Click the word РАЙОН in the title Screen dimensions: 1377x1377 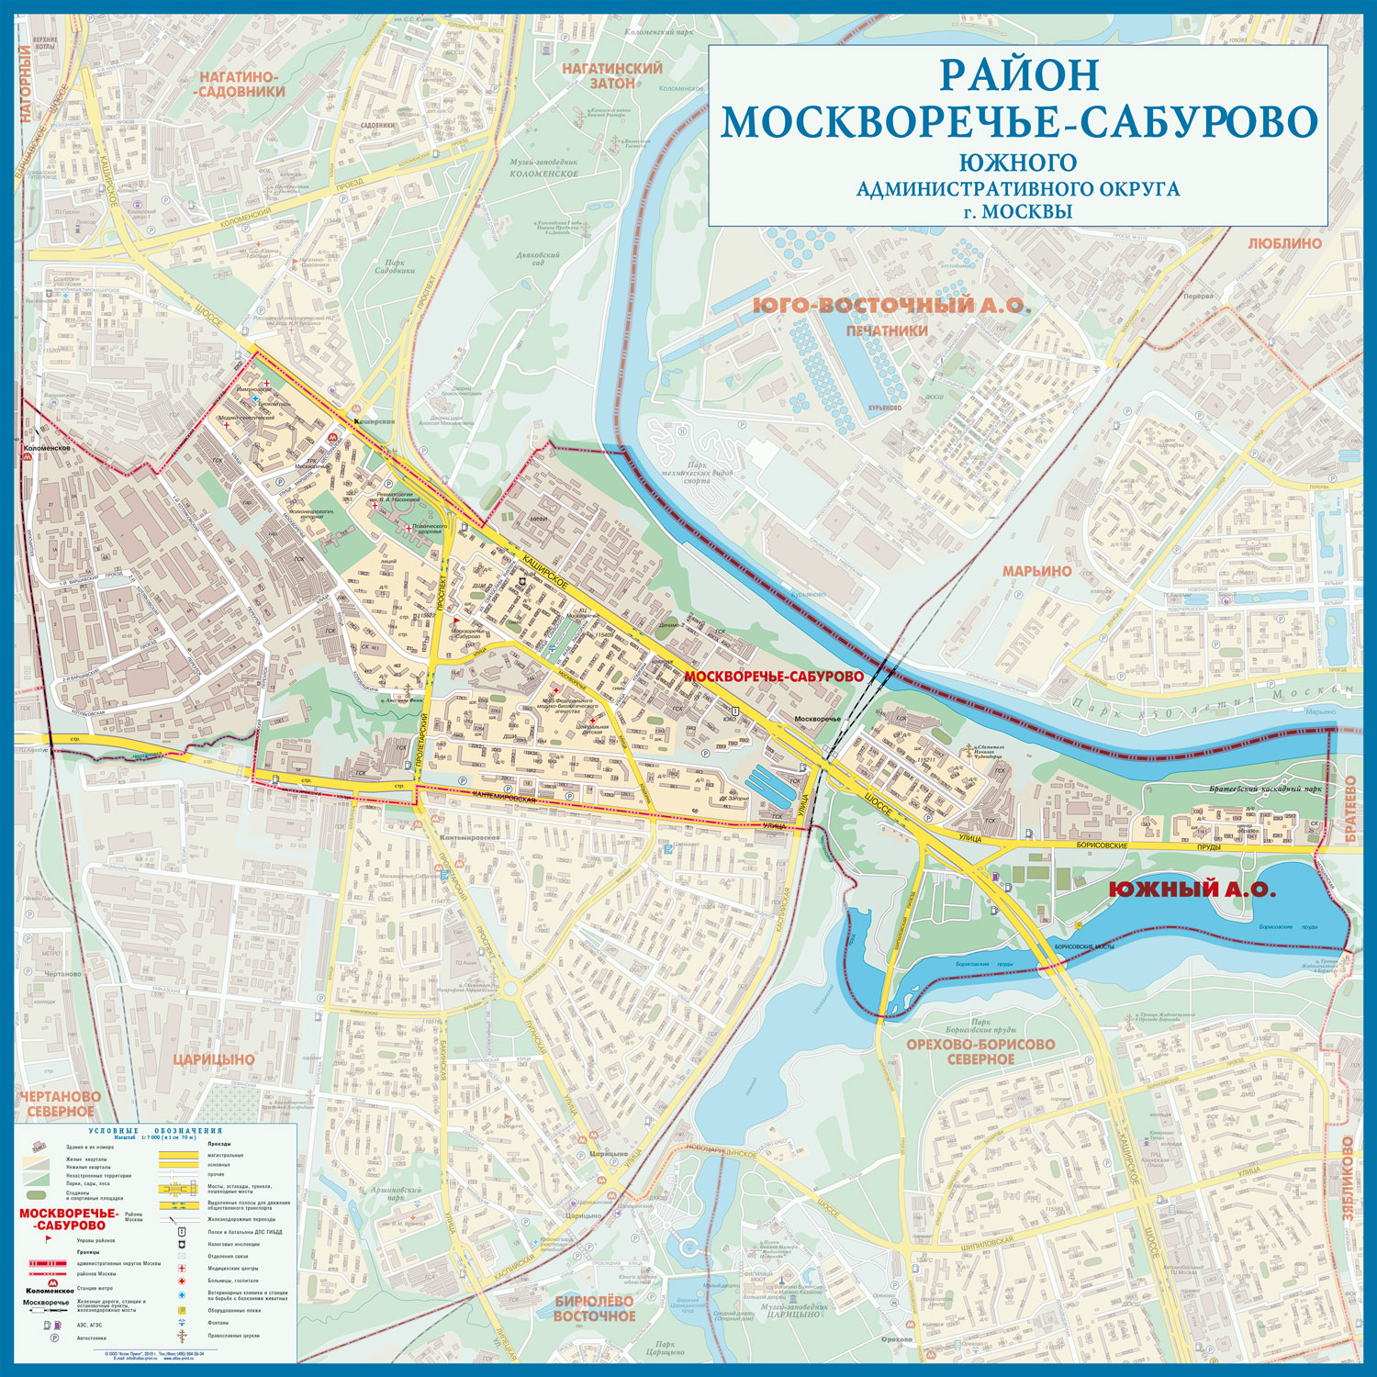pos(1018,75)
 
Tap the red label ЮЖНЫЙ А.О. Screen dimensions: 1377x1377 pos(1191,889)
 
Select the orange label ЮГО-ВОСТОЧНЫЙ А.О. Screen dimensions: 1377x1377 pos(891,306)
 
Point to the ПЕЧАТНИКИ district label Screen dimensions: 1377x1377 pos(887,330)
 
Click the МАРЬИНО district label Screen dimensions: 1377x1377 pos(1036,571)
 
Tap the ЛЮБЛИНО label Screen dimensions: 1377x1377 pos(1284,243)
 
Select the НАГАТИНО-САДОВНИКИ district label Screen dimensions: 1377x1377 pos(242,84)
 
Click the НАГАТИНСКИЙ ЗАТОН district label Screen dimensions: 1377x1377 pos(612,75)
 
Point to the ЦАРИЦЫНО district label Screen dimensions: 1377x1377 pos(214,1059)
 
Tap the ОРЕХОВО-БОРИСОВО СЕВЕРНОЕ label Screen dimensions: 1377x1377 pos(980,1051)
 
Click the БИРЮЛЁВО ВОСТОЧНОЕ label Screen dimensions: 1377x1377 pos(594,1308)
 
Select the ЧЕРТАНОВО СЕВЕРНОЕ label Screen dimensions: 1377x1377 pos(60,1103)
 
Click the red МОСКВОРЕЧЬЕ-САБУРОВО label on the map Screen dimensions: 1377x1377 pos(774,676)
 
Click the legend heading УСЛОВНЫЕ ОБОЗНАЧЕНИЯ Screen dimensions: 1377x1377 pos(155,1131)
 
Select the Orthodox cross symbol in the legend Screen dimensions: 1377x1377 pos(182,1336)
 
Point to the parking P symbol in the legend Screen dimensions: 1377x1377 pos(54,1338)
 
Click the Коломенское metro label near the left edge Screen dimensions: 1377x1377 pos(48,449)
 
